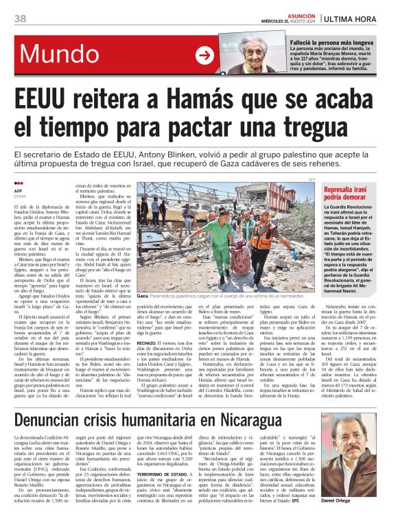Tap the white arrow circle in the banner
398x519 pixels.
204,56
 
